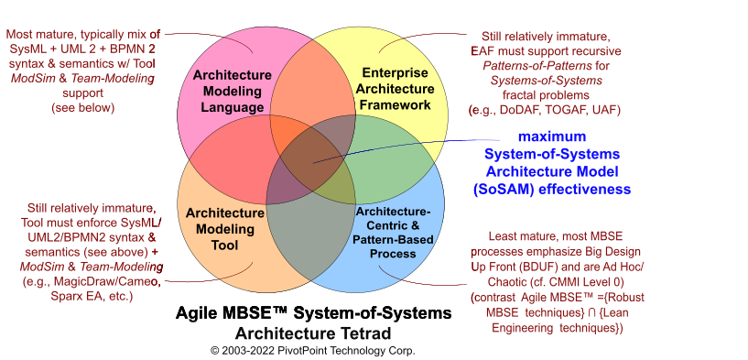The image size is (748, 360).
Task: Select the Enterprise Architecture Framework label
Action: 396,89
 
